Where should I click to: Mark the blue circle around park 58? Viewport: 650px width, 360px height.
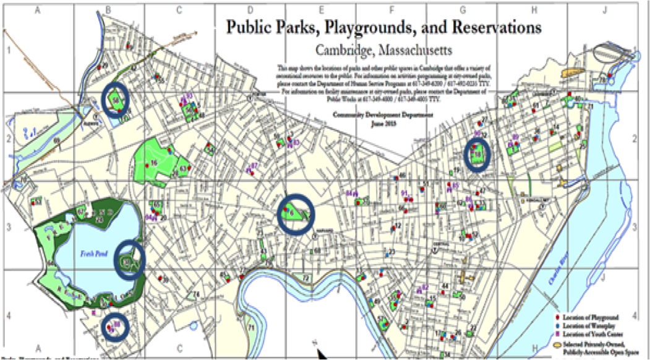[x=116, y=100]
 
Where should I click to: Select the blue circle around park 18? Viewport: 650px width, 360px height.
[x=477, y=154]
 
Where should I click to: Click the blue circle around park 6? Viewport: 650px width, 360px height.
[x=295, y=214]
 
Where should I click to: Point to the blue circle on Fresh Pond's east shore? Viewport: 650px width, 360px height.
[x=129, y=259]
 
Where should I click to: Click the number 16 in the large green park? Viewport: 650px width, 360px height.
[x=154, y=163]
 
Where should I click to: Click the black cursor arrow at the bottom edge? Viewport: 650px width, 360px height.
[x=321, y=353]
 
